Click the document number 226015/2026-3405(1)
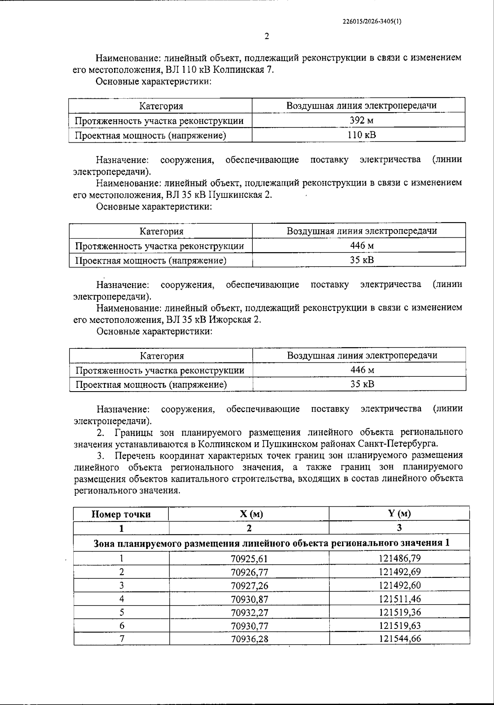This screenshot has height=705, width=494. (371, 23)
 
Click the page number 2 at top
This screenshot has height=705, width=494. (267, 36)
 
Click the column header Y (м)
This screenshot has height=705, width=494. (399, 513)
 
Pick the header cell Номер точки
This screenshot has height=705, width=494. (121, 514)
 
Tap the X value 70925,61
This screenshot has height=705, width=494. (249, 559)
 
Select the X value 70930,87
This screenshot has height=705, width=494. (249, 599)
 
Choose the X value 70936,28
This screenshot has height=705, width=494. (249, 639)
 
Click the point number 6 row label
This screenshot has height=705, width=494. (122, 626)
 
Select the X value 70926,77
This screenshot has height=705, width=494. (249, 572)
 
